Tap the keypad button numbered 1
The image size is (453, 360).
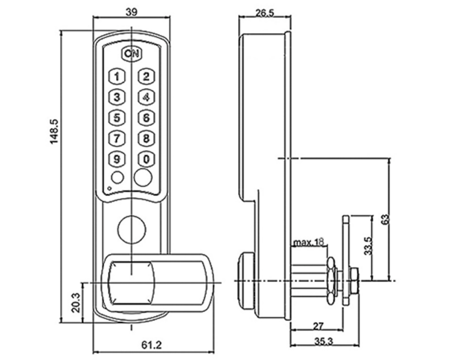click(117, 77)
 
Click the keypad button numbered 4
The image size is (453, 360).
click(146, 97)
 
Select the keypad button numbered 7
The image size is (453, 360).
click(117, 139)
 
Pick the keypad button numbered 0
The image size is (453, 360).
click(146, 159)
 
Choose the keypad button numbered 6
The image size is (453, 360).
click(146, 117)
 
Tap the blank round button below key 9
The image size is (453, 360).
click(117, 177)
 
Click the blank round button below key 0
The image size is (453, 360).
click(143, 177)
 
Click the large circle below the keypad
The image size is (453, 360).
click(132, 229)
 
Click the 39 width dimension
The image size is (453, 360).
click(132, 12)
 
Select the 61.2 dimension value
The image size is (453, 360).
click(152, 345)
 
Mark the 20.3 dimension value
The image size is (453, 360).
click(75, 302)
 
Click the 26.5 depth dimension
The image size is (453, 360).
click(264, 12)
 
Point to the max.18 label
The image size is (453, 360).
click(309, 242)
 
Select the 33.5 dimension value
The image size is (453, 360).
click(368, 246)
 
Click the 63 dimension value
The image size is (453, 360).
click(386, 219)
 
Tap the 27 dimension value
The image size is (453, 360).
click(318, 326)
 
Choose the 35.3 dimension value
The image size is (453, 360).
click(323, 341)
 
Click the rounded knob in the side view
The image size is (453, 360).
click(245, 280)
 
